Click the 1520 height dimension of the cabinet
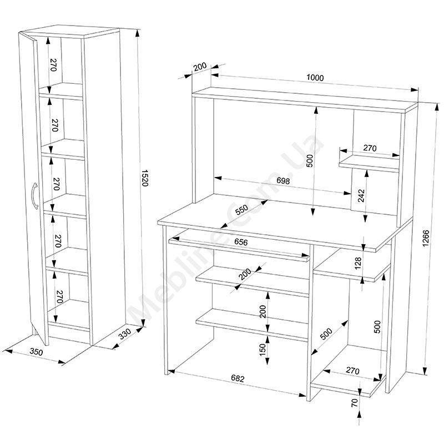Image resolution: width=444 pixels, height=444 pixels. coord(144,178)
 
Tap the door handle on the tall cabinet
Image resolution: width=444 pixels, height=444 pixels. coord(34,196)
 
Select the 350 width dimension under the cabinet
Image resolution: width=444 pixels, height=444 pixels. coord(37,352)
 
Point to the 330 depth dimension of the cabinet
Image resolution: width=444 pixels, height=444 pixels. coord(125,334)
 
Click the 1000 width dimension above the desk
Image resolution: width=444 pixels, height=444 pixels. coord(315,77)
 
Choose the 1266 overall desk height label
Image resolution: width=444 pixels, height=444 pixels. coord(426,239)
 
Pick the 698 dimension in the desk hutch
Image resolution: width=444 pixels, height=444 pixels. coord(283,180)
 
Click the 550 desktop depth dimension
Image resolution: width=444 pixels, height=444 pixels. coord(241,210)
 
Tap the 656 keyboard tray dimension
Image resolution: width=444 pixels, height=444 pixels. coord(241,242)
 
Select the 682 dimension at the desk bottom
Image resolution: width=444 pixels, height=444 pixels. coord(238,378)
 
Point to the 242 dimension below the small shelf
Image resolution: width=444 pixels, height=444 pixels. coord(361,195)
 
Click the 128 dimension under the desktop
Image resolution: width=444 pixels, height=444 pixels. coord(358,263)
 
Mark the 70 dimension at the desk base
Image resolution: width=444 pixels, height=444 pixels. coord(354,402)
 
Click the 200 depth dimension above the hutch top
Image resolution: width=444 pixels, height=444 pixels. coord(200,67)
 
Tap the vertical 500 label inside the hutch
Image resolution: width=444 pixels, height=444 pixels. coord(310,160)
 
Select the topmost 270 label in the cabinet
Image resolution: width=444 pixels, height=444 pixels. coord(54,65)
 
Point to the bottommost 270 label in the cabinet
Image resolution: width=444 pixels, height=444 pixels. coord(59,296)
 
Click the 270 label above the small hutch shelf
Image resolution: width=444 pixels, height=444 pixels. coord(370,148)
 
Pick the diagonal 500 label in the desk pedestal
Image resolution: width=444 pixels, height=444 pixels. coord(326,334)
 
